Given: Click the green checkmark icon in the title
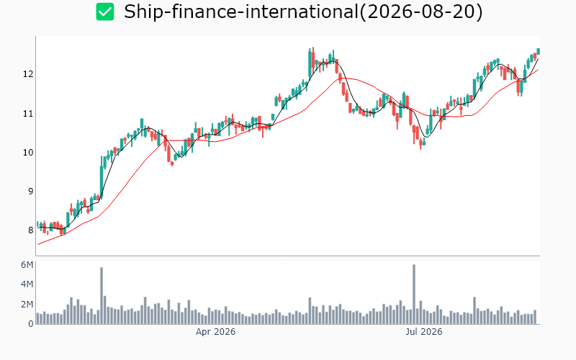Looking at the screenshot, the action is (x=105, y=12).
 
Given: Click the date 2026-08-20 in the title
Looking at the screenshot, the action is (x=420, y=12).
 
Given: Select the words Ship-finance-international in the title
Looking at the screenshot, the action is (x=241, y=12).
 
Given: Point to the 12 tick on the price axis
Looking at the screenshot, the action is (x=28, y=74).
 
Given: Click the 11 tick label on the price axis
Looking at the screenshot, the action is (x=28, y=114).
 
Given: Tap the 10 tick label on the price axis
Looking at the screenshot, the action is (x=28, y=153).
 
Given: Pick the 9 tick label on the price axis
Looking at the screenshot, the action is (x=30, y=192).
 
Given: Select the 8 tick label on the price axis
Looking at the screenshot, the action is (x=30, y=230).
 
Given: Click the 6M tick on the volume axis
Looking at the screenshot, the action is (x=27, y=265).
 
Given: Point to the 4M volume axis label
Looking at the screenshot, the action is (x=27, y=284).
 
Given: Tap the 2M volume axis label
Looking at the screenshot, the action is (x=27, y=304).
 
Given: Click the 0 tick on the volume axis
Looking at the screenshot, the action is (x=31, y=323).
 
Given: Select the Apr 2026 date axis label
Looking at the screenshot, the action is (x=215, y=332).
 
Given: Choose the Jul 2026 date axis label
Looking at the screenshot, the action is (x=424, y=332).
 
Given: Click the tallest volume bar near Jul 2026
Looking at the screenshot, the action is (x=414, y=294).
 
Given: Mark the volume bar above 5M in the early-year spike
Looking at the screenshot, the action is (x=102, y=296).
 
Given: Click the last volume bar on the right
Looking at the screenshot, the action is (x=535, y=317).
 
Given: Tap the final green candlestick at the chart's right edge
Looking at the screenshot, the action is (x=539, y=51).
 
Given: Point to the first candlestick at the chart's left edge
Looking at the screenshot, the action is (x=37, y=224).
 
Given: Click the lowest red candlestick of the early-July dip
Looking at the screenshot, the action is (x=420, y=144).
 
